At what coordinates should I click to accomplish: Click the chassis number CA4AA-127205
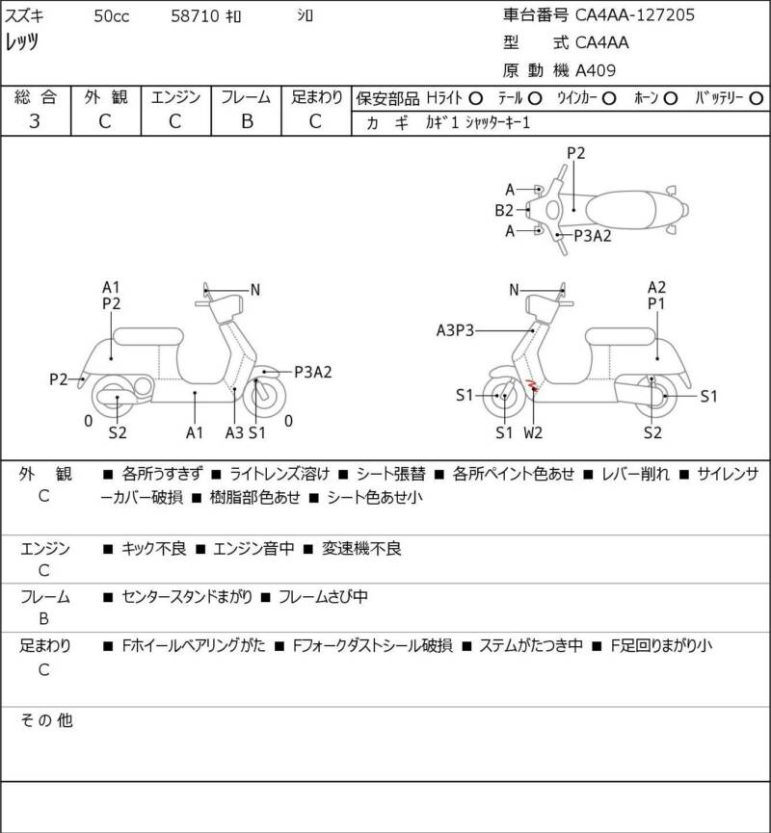[635, 14]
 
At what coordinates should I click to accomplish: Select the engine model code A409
[596, 69]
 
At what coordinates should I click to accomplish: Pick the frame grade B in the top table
[246, 121]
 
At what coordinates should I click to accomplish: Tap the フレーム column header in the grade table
[246, 97]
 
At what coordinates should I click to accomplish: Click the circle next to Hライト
[475, 98]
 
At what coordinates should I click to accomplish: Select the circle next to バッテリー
[757, 98]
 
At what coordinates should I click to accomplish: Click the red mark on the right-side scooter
[531, 386]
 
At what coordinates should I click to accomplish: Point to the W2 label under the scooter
[533, 432]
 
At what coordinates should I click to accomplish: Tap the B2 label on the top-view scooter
[504, 210]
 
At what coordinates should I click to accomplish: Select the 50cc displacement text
[114, 16]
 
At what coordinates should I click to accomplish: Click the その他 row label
[47, 720]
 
